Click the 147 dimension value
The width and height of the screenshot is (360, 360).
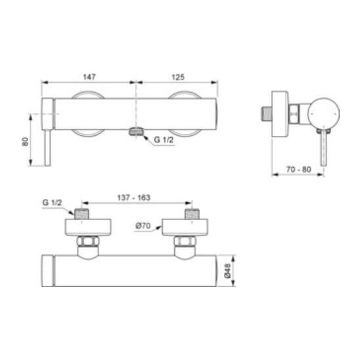pos(89,77)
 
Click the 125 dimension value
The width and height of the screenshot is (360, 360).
pos(178,77)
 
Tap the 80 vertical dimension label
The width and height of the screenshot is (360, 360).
pos(25,141)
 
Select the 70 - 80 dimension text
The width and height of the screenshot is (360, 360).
pos(298,169)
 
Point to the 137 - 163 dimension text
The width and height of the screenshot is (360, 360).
pos(134,198)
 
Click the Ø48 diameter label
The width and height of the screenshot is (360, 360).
pos(227,271)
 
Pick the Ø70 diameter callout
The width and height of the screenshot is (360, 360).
pos(143,226)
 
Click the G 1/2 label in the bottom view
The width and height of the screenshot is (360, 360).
pos(52,203)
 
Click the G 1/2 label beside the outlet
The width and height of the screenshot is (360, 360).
pos(164,139)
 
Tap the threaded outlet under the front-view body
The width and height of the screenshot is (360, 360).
pos(137,131)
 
